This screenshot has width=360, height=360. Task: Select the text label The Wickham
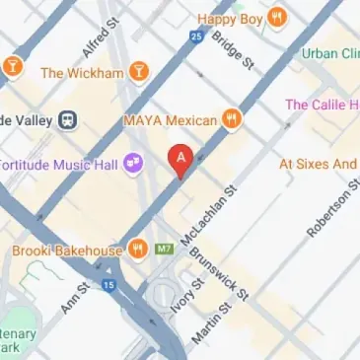[82, 72]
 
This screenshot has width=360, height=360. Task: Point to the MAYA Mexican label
[170, 120]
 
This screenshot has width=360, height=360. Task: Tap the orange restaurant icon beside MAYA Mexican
[232, 120]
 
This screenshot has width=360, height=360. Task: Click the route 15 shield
[108, 286]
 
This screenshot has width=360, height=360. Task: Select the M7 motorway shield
[165, 251]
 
